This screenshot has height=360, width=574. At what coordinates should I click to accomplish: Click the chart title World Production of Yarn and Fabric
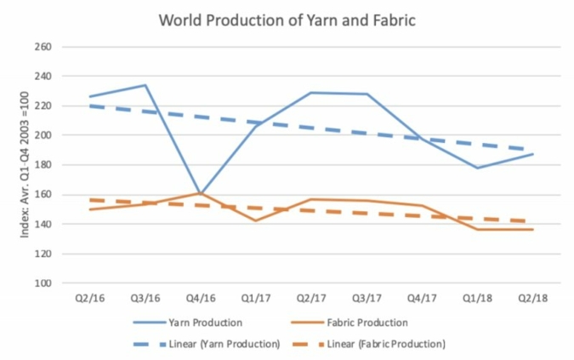(x=287, y=20)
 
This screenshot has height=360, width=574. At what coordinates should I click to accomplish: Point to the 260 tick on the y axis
(x=43, y=47)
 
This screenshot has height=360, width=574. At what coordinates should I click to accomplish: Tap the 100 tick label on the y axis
(x=43, y=283)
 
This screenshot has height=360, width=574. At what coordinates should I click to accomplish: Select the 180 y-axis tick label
(x=43, y=165)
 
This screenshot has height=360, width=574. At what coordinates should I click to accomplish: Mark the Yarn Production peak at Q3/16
(x=145, y=85)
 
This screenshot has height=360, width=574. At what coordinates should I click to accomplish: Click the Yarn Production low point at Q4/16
(x=201, y=193)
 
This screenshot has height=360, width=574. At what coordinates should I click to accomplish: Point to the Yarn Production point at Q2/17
(x=312, y=93)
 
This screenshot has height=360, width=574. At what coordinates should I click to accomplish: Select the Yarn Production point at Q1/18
(x=479, y=168)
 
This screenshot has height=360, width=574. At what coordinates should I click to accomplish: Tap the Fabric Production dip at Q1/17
(x=256, y=220)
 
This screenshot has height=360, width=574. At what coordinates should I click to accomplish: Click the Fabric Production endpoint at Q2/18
(x=534, y=230)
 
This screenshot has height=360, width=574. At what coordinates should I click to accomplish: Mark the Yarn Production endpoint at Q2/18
(x=534, y=154)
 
